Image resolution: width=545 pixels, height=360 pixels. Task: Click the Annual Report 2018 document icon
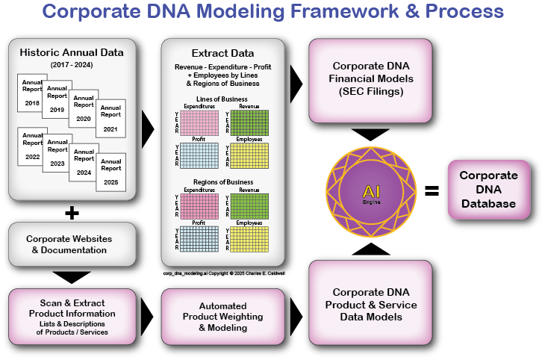point(32,93)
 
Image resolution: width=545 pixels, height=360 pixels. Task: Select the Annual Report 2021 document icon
point(110,117)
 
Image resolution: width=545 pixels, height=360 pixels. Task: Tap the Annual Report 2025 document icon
point(110,171)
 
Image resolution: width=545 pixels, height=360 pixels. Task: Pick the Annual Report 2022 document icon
point(32,146)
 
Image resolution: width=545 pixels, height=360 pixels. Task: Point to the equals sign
point(431,191)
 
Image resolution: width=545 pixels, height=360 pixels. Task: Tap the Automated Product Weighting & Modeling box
point(222,316)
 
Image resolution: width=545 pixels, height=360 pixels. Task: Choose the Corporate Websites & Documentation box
point(72,244)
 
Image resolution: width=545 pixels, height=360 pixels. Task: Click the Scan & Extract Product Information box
point(72,317)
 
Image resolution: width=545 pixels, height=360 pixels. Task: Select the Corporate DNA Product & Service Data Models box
point(370,305)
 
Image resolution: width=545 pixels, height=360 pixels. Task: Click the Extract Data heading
point(222,53)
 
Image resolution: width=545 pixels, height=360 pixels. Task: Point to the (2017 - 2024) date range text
point(72,66)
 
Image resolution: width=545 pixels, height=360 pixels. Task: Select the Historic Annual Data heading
point(72,52)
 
